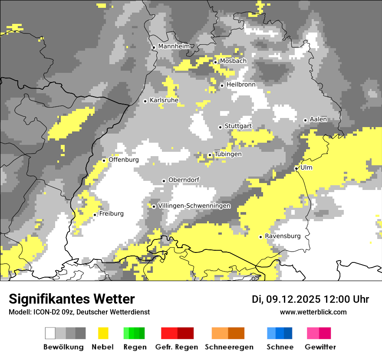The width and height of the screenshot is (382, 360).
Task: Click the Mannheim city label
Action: [x=174, y=46]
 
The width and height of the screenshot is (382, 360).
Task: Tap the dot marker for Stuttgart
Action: [x=220, y=127]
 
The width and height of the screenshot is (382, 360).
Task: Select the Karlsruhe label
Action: [x=164, y=100]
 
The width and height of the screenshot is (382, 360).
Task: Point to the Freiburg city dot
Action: [x=95, y=215]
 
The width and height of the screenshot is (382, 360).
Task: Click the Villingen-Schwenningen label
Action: [x=194, y=206]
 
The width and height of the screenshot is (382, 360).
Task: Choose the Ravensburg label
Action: [x=283, y=236]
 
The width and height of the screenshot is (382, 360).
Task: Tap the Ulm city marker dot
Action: [x=296, y=168]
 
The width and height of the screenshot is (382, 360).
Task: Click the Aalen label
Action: [x=318, y=119]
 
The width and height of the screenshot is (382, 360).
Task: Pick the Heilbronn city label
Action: [x=241, y=85]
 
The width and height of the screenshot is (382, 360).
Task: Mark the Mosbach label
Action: [x=233, y=61]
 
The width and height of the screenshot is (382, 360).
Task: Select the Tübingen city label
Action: [x=228, y=154]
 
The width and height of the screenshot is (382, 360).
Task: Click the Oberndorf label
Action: [x=184, y=180]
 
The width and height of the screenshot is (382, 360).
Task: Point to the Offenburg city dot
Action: [x=104, y=160]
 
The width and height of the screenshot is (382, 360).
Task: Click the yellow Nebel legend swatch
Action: [x=103, y=333]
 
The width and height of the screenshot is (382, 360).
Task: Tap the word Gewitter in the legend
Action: [x=320, y=347]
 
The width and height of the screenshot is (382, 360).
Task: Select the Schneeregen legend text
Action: [x=229, y=347]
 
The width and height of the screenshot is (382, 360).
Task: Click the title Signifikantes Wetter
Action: [x=72, y=299]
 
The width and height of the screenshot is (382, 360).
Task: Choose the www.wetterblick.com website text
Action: [x=313, y=312]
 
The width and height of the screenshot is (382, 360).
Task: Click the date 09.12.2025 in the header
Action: [x=293, y=299]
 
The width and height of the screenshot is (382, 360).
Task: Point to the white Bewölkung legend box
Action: [x=50, y=333]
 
